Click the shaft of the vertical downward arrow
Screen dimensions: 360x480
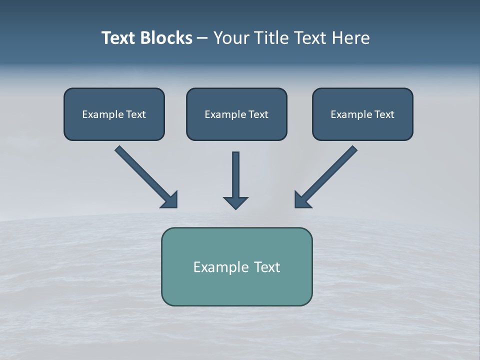pyautogui.click(x=235, y=172)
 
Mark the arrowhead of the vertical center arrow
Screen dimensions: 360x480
pyautogui.click(x=235, y=202)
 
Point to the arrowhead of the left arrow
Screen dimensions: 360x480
pyautogui.click(x=170, y=200)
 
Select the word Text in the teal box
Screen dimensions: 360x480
pyautogui.click(x=267, y=267)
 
